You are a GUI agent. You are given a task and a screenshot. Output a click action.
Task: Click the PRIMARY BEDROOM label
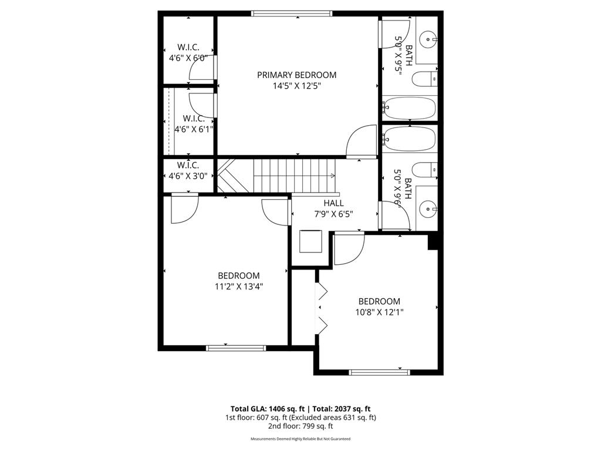[296, 75]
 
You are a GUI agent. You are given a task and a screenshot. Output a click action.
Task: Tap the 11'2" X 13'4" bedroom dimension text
[238, 287]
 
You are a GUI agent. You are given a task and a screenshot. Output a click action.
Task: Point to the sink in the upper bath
[430, 39]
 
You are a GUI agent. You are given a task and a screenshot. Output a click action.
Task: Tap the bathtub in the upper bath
[410, 108]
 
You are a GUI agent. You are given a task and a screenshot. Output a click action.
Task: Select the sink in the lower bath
[430, 207]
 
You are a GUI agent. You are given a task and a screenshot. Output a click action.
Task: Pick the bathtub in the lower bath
[410, 139]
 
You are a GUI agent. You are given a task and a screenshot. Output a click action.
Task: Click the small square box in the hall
[311, 241]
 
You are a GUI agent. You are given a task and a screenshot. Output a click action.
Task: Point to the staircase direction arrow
[332, 176]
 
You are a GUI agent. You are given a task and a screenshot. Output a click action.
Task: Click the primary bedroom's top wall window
[292, 13]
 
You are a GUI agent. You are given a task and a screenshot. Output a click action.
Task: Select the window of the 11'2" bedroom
[236, 348]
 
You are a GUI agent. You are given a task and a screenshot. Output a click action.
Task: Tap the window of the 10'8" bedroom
[379, 372]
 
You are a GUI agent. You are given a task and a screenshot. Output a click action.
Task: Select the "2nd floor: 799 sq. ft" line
[300, 426]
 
